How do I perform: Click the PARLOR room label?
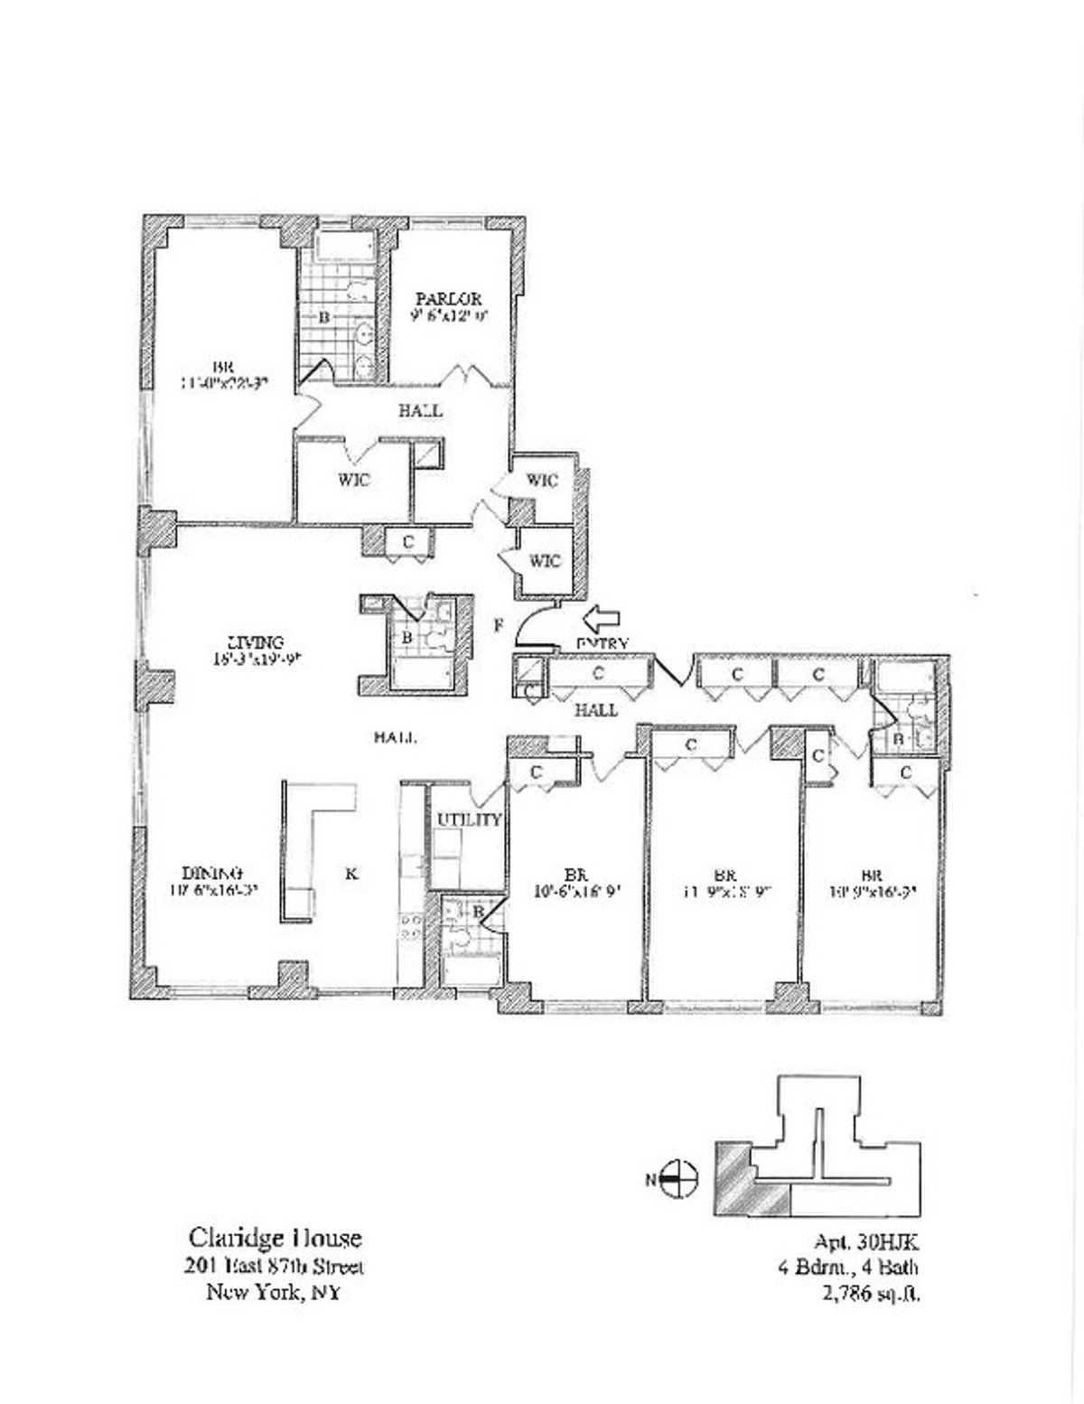(448, 299)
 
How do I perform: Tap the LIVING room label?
(255, 643)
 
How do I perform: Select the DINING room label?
(213, 874)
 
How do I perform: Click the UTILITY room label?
(469, 819)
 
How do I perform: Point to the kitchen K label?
(352, 874)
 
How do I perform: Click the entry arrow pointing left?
(602, 620)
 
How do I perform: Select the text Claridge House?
(275, 1238)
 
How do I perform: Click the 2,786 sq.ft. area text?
(866, 1294)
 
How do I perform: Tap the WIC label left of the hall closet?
(355, 481)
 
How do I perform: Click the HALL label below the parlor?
(421, 411)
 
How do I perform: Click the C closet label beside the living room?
(408, 542)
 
